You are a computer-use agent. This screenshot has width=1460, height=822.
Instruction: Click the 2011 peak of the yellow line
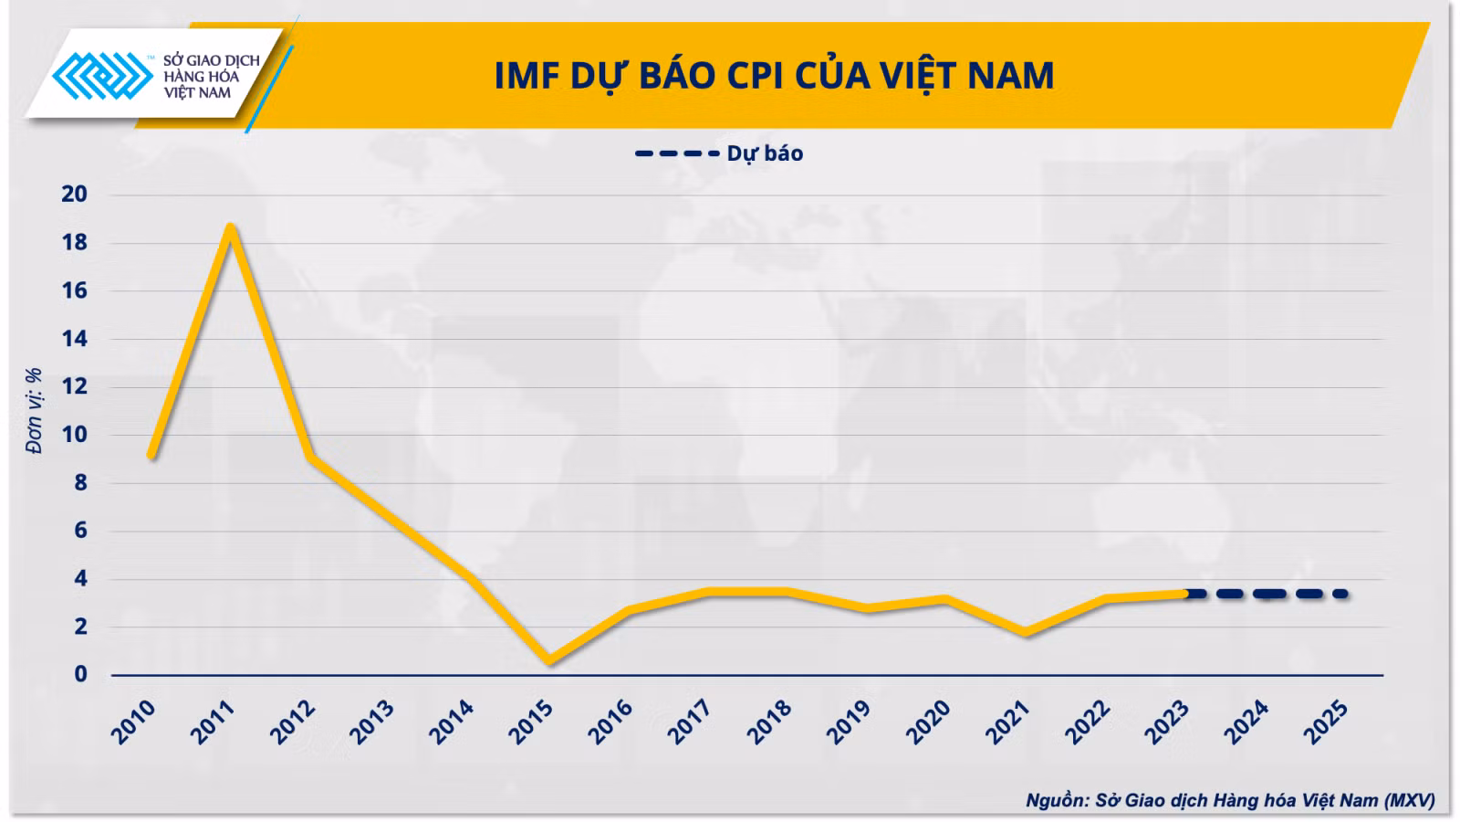231,227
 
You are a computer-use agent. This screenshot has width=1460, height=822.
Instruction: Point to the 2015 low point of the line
549,660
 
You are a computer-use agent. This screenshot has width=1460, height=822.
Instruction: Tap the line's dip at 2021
1026,631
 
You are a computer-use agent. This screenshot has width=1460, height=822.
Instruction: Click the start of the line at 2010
151,455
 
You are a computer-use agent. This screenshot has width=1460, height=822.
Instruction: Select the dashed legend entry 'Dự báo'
719,154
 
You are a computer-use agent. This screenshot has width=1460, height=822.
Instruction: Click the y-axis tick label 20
74,194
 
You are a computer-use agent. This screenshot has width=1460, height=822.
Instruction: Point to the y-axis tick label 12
74,386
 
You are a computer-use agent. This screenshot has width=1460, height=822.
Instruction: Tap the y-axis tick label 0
80,674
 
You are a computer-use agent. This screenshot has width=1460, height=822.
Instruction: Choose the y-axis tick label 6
80,530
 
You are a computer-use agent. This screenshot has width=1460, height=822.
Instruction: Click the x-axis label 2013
371,722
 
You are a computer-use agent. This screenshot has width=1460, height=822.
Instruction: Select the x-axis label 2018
769,722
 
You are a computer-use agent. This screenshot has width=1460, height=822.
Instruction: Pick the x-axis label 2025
1325,722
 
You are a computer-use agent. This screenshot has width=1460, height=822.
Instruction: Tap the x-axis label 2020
928,722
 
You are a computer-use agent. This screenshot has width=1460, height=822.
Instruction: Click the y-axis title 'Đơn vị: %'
34,411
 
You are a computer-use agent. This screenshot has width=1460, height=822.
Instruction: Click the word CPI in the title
755,75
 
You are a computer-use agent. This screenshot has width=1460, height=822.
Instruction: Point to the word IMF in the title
527,75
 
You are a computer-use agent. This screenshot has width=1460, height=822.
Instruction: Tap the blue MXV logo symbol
102,76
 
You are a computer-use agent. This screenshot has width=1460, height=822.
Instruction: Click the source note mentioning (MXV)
1231,800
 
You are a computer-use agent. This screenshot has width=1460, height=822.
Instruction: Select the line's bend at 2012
311,457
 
